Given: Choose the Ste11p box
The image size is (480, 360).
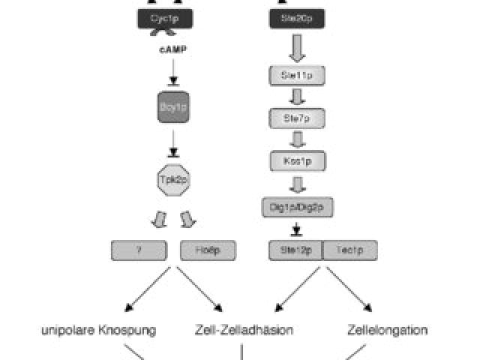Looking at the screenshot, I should (296, 75).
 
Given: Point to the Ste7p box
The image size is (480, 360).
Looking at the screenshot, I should (296, 118).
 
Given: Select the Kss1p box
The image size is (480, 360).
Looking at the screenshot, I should (296, 160).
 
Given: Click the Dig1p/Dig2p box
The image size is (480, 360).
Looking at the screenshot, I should (296, 205).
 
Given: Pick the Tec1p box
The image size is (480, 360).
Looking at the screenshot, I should (349, 250).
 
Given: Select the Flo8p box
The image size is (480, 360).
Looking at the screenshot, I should (208, 250).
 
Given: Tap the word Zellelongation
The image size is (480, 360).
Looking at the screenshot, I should (388, 328).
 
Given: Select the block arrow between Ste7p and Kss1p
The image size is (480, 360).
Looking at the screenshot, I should (296, 139).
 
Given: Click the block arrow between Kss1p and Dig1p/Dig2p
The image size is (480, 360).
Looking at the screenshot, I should (296, 184).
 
